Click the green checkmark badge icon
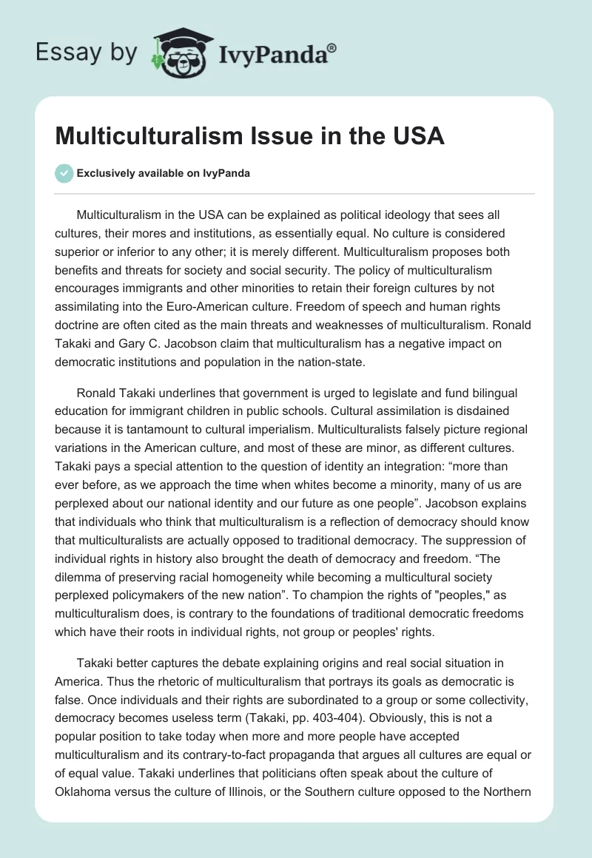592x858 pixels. [64, 173]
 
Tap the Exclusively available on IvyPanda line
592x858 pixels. [164, 173]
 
